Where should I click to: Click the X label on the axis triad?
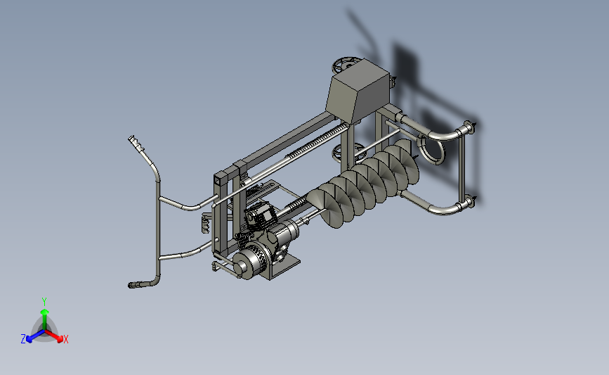coord(66,339)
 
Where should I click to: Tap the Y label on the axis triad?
coord(44,302)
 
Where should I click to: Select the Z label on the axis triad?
coord(23,339)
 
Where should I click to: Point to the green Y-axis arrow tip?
coord(45,312)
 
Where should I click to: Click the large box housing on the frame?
coord(358,92)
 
